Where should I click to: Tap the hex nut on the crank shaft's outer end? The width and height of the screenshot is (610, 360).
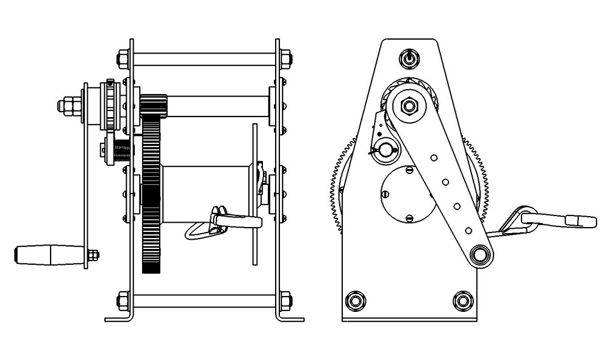tap(68, 106)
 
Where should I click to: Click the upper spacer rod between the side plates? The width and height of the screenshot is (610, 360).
tap(204, 59)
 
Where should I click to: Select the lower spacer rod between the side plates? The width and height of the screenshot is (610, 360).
tap(204, 301)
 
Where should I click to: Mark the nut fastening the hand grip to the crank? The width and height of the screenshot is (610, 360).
tap(93, 255)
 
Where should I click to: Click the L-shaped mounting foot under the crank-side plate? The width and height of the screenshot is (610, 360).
tap(119, 317)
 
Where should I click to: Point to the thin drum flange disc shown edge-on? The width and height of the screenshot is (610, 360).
tap(255, 194)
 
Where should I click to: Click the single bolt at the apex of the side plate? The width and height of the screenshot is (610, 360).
tap(409, 59)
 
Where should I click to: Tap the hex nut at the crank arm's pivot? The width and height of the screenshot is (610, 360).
tap(409, 107)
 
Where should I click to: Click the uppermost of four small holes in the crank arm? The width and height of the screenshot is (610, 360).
tap(434, 158)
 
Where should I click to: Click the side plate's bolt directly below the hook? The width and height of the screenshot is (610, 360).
tap(463, 300)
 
